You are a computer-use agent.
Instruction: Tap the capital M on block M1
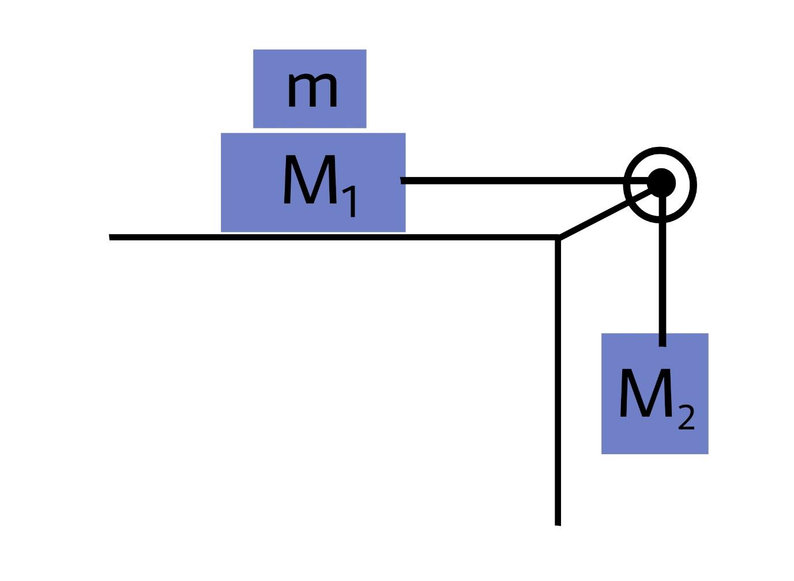[309, 182]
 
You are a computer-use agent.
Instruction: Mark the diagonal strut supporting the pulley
[594, 220]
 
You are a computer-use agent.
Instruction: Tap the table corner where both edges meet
[558, 237]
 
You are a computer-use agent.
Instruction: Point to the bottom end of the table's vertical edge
[558, 522]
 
